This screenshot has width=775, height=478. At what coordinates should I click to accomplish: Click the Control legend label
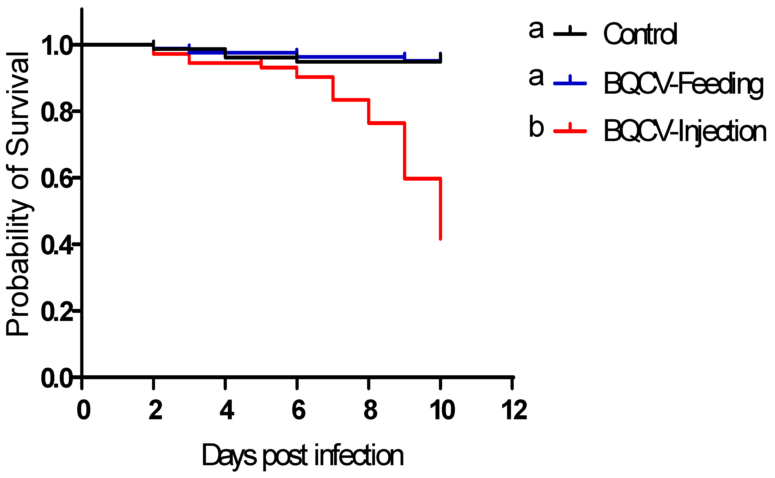click(640, 34)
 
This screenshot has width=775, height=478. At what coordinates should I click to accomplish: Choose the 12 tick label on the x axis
click(514, 410)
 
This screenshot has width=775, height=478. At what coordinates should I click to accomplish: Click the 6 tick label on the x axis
click(298, 410)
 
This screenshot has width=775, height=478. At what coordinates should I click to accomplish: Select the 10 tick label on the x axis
click(442, 410)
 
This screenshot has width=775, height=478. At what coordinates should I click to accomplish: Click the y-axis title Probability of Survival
click(18, 193)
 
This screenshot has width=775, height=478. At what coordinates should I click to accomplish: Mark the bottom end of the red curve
click(440, 239)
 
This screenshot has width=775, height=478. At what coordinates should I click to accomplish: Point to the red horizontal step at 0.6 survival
click(422, 179)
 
